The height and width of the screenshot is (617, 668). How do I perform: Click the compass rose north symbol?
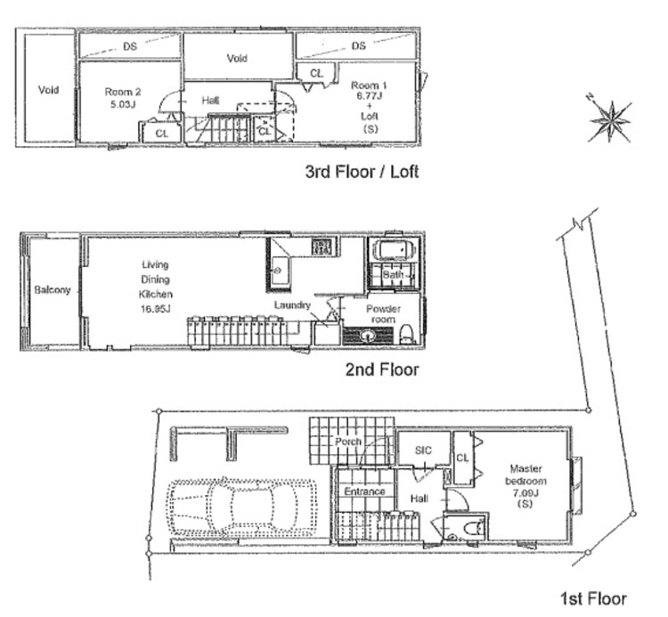(x=609, y=120)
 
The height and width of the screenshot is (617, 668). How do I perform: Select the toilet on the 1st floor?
(x=472, y=529)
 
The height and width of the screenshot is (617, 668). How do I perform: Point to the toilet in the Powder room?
(x=407, y=334)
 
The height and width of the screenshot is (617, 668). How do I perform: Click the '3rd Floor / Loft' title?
(x=362, y=172)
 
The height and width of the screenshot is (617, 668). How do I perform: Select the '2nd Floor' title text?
(x=382, y=369)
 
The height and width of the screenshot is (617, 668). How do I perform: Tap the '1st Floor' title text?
(x=593, y=598)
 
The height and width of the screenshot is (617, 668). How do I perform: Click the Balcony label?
(x=53, y=290)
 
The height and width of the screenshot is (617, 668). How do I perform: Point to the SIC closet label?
(x=423, y=451)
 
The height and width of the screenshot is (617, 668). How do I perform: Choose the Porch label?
(x=348, y=442)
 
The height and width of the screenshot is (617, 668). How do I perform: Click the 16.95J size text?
(x=156, y=309)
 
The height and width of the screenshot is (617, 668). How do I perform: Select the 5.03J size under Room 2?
(x=123, y=104)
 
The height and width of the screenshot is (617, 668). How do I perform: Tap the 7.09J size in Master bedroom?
(x=525, y=492)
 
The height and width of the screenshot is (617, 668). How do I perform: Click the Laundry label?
(x=292, y=304)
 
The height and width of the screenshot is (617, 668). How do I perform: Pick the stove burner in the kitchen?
(x=322, y=247)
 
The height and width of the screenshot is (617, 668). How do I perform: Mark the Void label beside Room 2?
(x=48, y=90)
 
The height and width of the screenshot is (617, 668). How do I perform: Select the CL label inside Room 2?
(x=161, y=134)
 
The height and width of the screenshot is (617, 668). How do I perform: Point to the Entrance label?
(x=364, y=491)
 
